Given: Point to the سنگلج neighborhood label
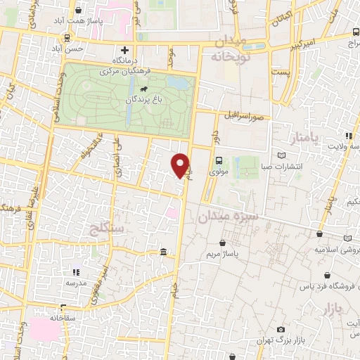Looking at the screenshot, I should click(108, 228).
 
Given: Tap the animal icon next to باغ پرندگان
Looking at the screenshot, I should click(144, 90).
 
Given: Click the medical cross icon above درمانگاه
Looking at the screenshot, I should click(124, 50).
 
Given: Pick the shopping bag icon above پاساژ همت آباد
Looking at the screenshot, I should click(77, 12).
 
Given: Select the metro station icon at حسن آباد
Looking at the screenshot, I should click(67, 39).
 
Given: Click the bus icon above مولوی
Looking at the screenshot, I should click(219, 160).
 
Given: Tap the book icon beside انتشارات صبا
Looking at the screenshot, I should click(282, 155).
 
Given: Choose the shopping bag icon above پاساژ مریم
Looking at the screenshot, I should click(223, 243).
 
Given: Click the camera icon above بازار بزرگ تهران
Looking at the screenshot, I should click(281, 330).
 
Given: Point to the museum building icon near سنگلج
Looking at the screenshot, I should click(163, 252).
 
